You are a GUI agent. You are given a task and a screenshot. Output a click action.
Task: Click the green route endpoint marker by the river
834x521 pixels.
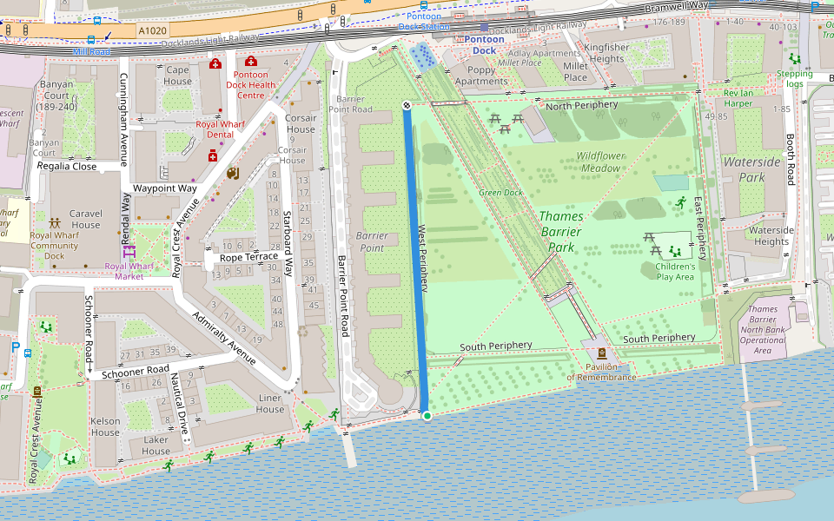(x=427, y=417)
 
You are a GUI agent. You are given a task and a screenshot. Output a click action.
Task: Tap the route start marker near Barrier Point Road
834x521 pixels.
(x=407, y=105)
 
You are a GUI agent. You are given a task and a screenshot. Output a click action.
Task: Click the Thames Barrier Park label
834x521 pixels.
(x=561, y=232)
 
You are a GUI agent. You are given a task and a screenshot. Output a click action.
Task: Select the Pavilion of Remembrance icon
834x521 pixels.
(x=601, y=353)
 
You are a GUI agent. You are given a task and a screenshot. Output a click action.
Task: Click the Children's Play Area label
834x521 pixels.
(x=675, y=272)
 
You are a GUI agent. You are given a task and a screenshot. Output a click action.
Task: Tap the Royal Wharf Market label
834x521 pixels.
(x=129, y=271)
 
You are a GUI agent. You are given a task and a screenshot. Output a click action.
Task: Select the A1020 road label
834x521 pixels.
(x=152, y=30)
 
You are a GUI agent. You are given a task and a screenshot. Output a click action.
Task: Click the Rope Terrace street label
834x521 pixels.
(x=248, y=257)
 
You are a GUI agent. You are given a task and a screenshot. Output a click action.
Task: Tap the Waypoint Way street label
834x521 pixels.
(x=164, y=188)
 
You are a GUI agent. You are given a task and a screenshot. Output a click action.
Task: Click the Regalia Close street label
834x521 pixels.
(x=67, y=166)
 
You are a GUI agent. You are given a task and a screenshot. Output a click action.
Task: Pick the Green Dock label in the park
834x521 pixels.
(x=500, y=192)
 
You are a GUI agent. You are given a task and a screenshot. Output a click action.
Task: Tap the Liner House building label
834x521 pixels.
(x=270, y=404)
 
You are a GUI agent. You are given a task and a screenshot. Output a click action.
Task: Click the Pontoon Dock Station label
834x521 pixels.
(x=424, y=22)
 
